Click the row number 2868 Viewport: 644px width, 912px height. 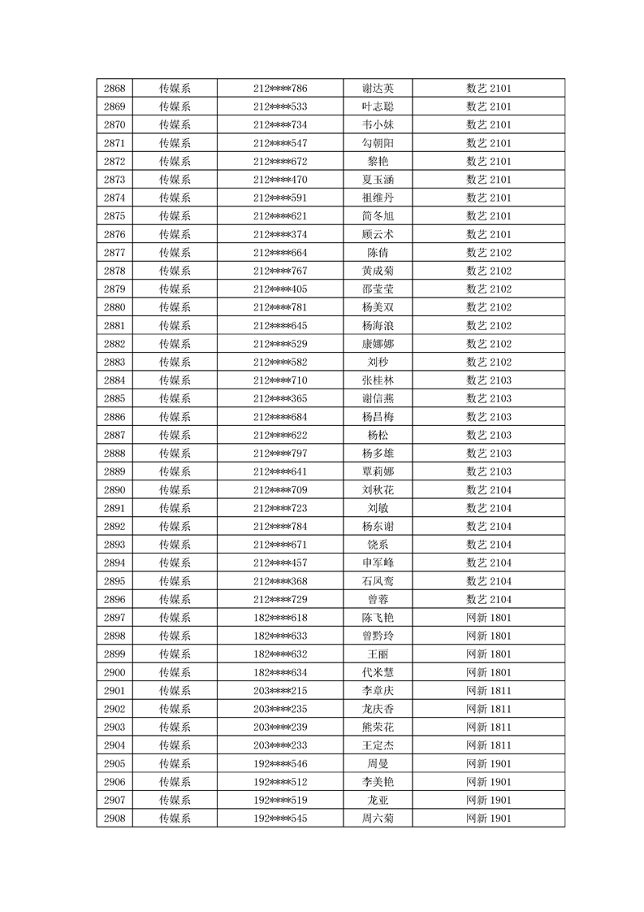[x=115, y=89]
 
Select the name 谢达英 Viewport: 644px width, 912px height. [x=378, y=89]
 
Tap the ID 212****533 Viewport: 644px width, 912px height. [x=280, y=106]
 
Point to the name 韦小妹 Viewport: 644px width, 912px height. [x=378, y=125]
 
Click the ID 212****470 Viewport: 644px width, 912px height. [x=280, y=180]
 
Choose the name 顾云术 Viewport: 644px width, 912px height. [x=378, y=234]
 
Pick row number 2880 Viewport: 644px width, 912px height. [x=115, y=307]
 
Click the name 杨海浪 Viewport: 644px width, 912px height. [x=378, y=325]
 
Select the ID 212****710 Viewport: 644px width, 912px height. [x=280, y=380]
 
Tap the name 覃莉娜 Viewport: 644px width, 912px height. [x=378, y=471]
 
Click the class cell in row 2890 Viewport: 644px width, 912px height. [x=488, y=489]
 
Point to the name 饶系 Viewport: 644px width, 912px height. [x=378, y=544]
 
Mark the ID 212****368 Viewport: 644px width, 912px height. [x=280, y=580]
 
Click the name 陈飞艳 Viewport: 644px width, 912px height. [x=378, y=617]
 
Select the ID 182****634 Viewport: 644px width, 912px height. [x=280, y=672]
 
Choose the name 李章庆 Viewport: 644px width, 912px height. [x=378, y=690]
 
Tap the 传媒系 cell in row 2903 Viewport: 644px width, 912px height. [x=175, y=727]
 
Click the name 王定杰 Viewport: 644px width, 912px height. [x=378, y=745]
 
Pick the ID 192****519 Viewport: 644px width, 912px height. [x=280, y=800]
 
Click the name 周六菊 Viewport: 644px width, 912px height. [x=378, y=818]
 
